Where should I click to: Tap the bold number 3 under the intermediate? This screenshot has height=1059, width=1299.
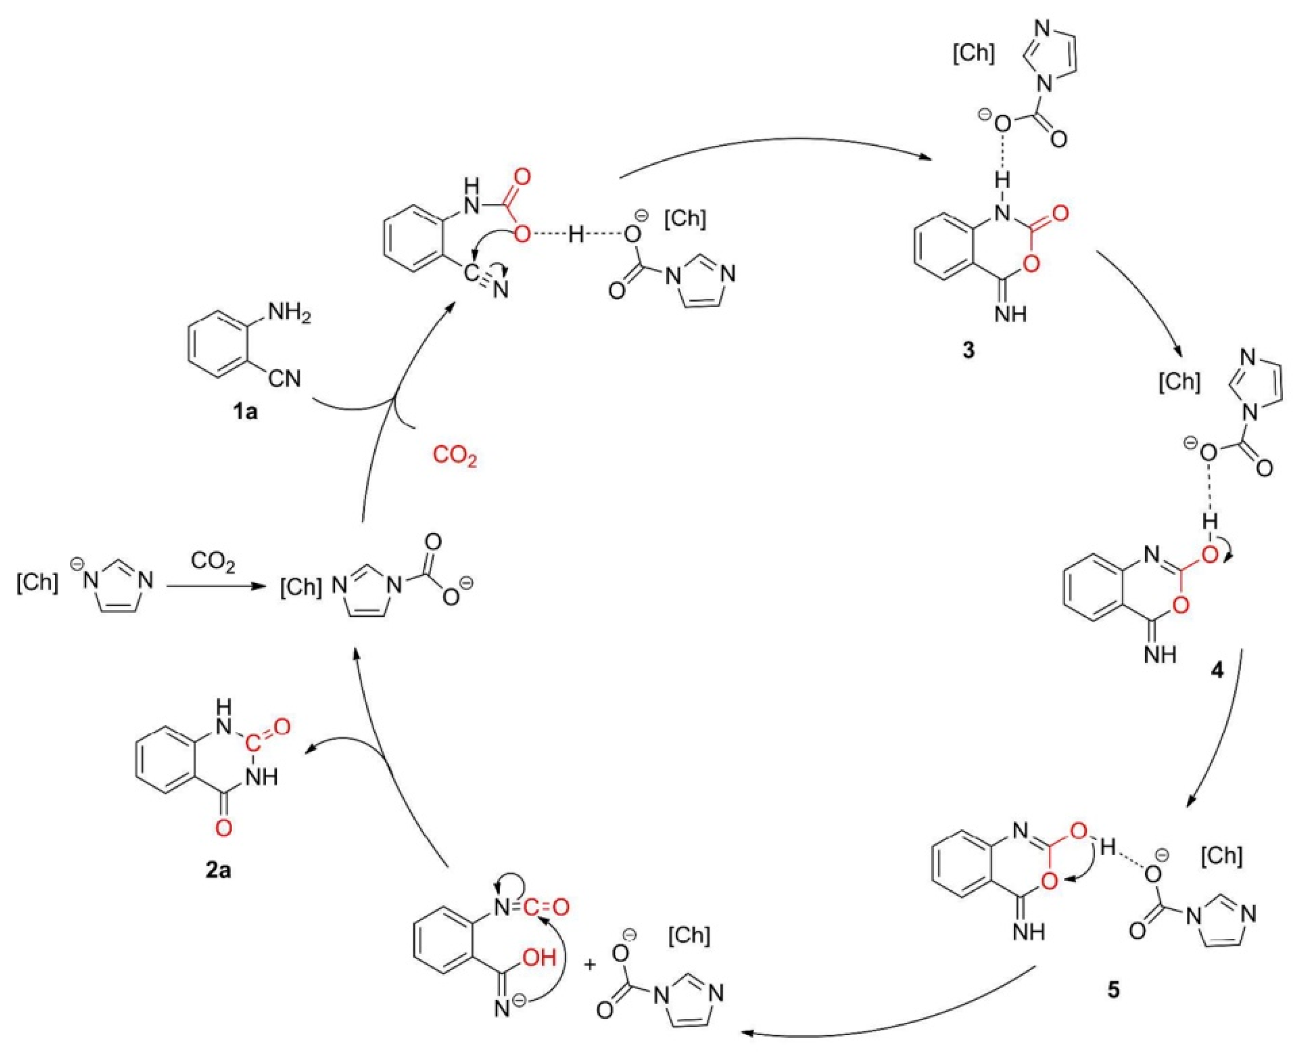[x=968, y=351]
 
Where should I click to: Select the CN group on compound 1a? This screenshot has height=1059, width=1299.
[x=284, y=380]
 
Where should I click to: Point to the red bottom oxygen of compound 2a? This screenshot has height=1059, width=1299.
[x=224, y=827]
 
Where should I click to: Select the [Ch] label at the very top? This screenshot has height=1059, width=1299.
[x=974, y=54]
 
